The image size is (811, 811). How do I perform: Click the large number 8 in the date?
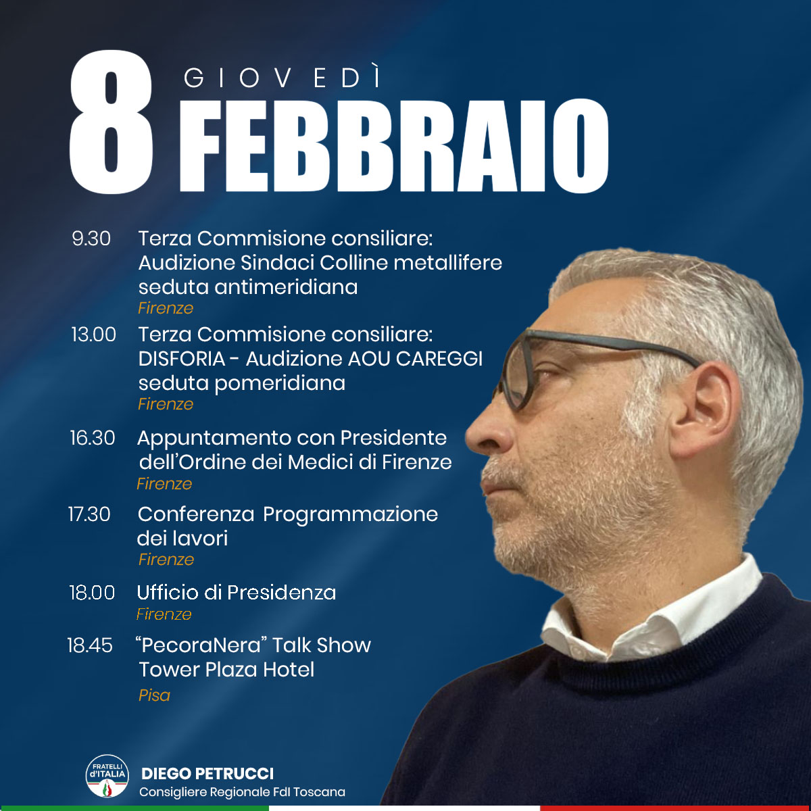[x=111, y=122]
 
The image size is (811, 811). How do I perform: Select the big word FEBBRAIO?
[x=394, y=146]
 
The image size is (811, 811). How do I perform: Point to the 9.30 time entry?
[x=91, y=239]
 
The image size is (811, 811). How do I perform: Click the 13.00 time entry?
[x=93, y=335]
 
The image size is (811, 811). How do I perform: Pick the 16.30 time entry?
[x=92, y=438]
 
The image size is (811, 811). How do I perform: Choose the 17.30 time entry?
[x=89, y=514]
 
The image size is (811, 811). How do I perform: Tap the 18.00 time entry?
[x=92, y=593]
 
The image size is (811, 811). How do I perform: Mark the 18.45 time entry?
[x=90, y=645]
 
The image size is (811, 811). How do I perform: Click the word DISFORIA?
[x=182, y=359]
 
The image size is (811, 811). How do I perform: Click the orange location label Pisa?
[x=155, y=695]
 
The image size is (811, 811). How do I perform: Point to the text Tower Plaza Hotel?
[x=226, y=670]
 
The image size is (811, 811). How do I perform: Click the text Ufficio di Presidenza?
[x=237, y=593]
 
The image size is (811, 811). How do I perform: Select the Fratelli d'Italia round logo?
[x=107, y=776]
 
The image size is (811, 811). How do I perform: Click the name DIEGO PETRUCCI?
[x=207, y=774]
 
